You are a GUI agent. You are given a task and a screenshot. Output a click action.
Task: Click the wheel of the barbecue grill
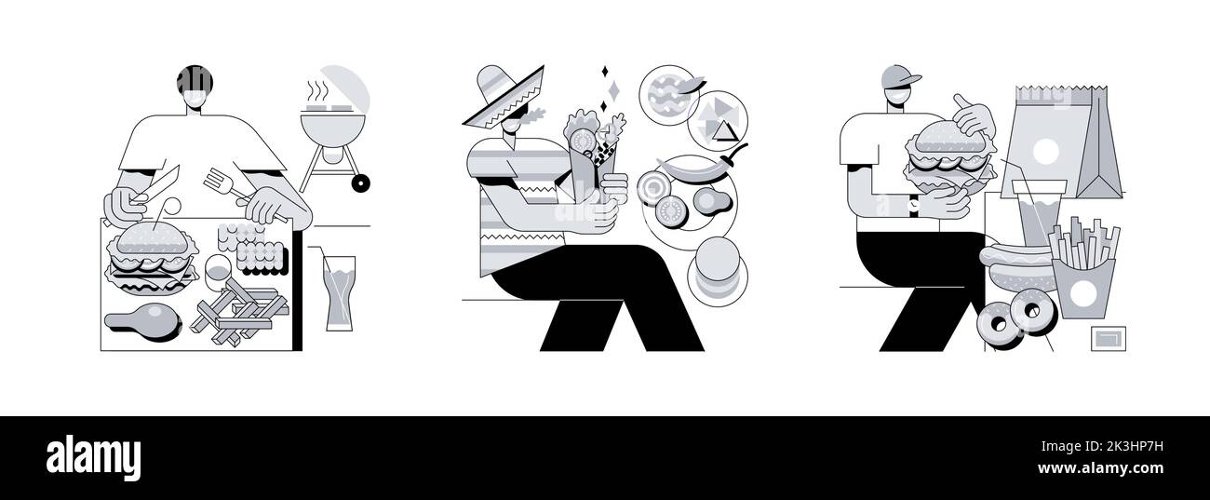359,183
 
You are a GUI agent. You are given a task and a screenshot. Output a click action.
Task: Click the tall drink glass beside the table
339,291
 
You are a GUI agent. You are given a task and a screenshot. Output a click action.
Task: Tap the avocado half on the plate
710,200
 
